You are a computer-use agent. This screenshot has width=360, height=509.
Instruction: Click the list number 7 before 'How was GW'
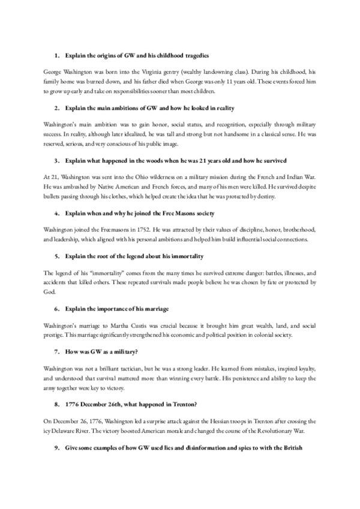point(56,351)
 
